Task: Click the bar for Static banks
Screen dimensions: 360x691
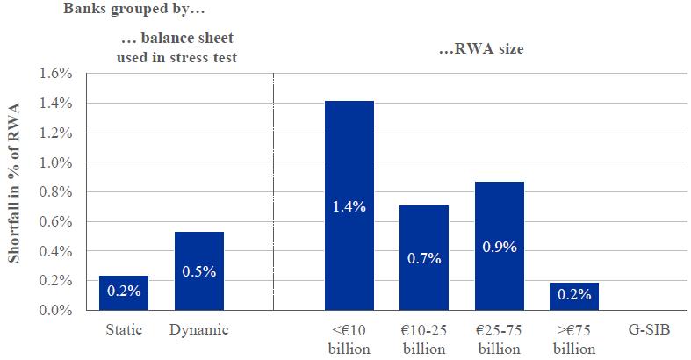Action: coord(124,292)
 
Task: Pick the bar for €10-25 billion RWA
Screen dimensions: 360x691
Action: coord(424,257)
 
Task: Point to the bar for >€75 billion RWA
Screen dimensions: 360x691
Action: coord(574,296)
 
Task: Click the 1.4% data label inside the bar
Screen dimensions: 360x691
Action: coord(349,207)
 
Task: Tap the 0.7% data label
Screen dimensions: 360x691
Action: coord(424,260)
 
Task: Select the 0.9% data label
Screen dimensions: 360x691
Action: coord(499,248)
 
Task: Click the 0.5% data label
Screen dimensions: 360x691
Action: coord(199,272)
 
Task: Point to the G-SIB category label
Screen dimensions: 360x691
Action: coord(648,331)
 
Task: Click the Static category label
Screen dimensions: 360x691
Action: coord(124,331)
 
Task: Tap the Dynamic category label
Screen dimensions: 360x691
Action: coord(199,331)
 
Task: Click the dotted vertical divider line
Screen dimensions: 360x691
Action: coord(274,193)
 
